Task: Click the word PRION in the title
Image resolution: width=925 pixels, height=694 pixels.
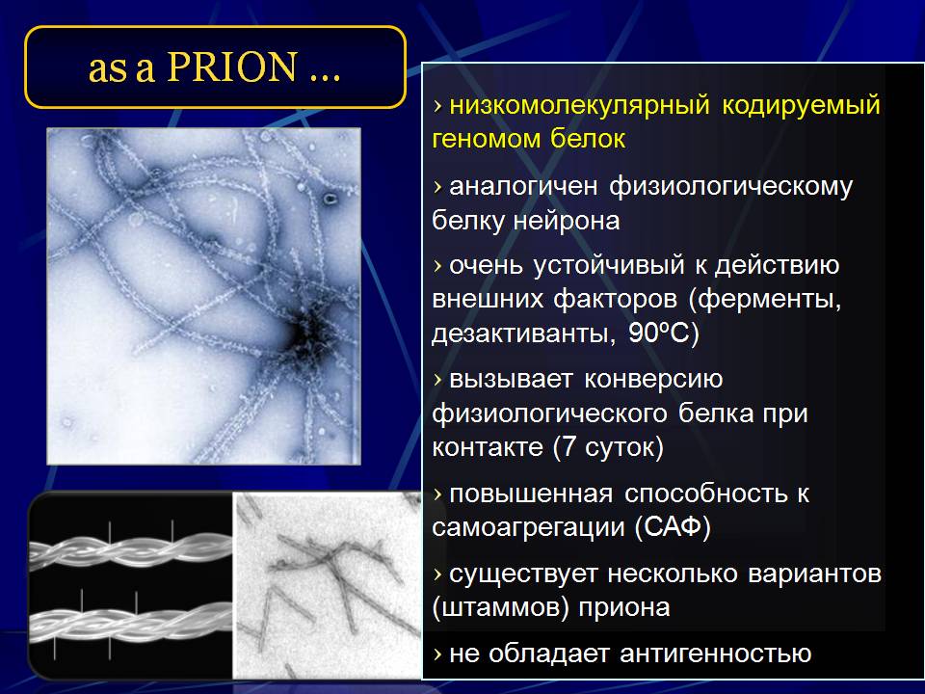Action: click(231, 67)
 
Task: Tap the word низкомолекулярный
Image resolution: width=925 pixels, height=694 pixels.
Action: click(579, 105)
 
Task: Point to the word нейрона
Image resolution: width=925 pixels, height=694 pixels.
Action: click(567, 221)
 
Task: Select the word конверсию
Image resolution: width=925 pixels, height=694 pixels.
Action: click(653, 380)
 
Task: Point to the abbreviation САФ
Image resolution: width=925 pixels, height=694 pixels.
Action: click(673, 525)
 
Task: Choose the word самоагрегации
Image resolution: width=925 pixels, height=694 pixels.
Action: click(529, 526)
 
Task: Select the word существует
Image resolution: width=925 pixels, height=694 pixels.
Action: click(523, 574)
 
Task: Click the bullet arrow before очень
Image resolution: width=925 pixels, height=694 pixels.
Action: click(437, 266)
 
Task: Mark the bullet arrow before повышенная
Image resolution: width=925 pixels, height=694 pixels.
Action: click(437, 494)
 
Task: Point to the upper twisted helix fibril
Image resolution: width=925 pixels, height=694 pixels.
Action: click(131, 548)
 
